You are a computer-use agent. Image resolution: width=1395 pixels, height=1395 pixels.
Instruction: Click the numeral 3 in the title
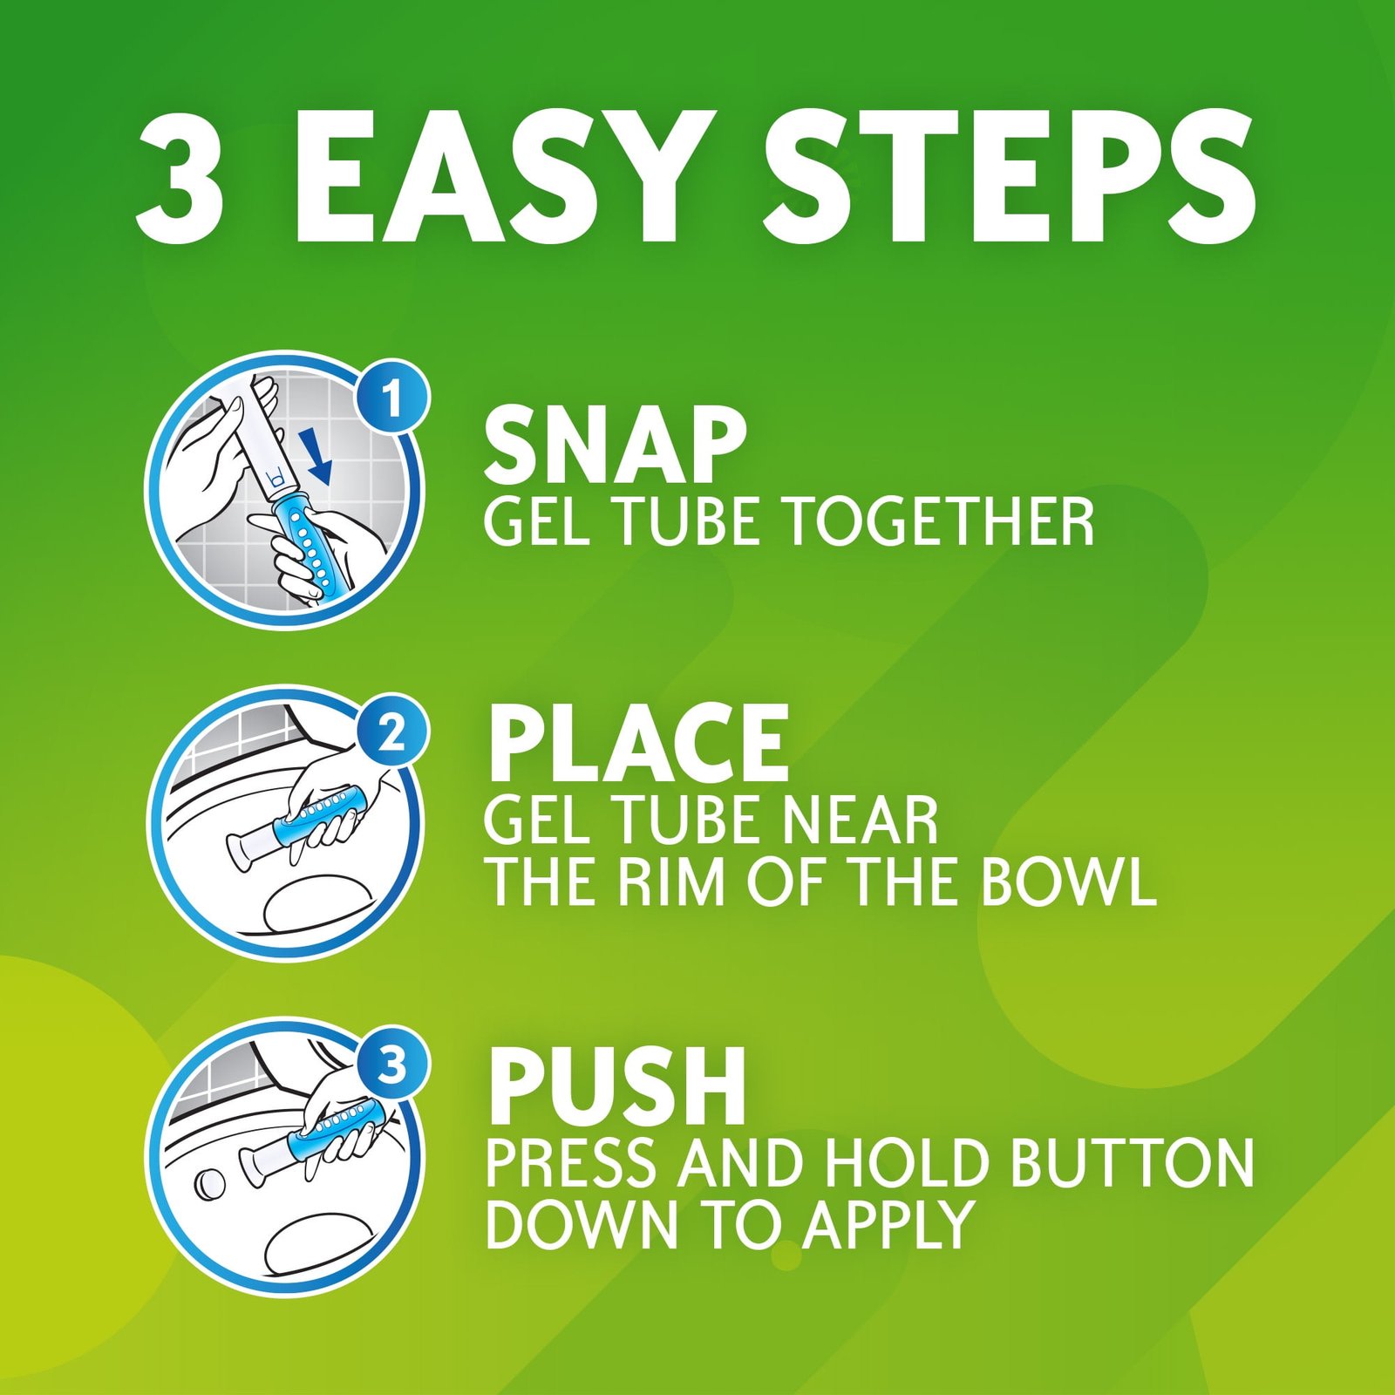click(x=180, y=178)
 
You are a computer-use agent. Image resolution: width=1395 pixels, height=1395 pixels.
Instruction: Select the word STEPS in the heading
click(x=1011, y=178)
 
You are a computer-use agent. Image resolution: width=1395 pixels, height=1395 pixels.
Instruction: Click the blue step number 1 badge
click(x=391, y=399)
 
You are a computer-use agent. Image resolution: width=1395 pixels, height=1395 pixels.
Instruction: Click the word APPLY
click(x=888, y=1224)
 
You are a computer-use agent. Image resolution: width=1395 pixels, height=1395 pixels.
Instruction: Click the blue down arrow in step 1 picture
click(x=319, y=455)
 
